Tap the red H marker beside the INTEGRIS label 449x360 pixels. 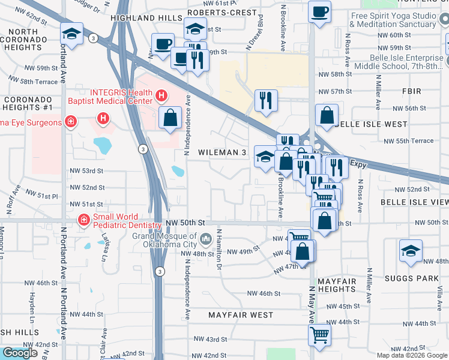(x=161, y=95)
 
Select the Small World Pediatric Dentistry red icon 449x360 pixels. (x=83, y=221)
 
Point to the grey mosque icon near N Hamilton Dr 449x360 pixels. (x=205, y=240)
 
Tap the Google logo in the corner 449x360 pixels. (x=20, y=353)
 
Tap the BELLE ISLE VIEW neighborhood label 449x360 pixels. (x=414, y=203)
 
